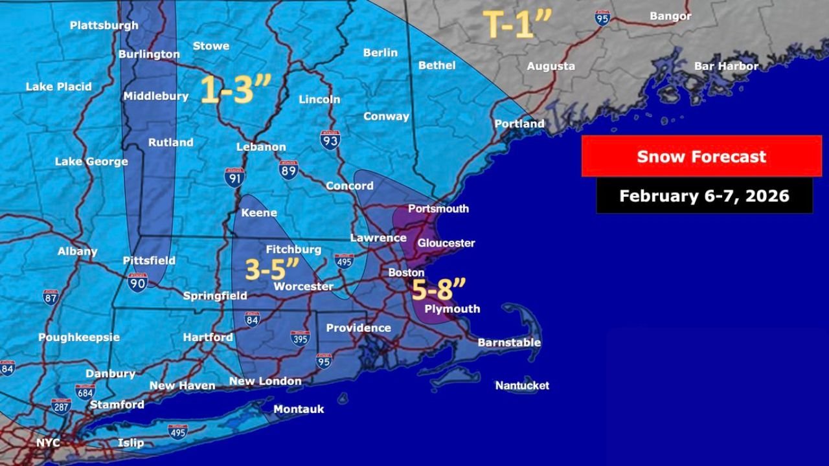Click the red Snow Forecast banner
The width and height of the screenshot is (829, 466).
click(701, 156)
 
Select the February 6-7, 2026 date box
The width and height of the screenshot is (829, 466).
click(704, 195)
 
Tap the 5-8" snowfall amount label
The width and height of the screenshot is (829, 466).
click(439, 289)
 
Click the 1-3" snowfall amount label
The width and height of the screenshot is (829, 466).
click(234, 90)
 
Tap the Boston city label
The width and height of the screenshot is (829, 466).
click(406, 272)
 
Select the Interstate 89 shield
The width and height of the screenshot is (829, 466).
click(289, 170)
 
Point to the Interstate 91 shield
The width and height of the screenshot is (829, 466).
click(234, 177)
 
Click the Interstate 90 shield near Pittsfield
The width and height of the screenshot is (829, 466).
click(137, 282)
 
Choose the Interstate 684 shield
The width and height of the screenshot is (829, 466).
click(85, 392)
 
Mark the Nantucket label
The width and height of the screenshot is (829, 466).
click(522, 386)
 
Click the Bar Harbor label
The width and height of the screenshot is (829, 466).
click(726, 66)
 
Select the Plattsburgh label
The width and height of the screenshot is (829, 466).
click(104, 25)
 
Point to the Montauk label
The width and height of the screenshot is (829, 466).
click(299, 409)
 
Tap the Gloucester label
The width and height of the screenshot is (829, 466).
click(446, 243)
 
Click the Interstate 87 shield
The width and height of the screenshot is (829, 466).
click(51, 297)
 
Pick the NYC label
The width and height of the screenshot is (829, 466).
click(48, 443)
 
